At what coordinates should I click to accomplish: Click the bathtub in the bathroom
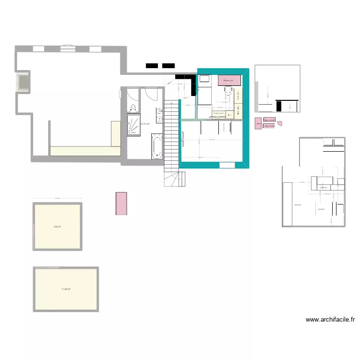[x=157, y=146]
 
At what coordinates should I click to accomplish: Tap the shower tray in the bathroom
[x=134, y=124]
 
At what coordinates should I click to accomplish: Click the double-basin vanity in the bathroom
[x=159, y=115]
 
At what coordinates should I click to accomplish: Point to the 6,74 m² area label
[x=145, y=124]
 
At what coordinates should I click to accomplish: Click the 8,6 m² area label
[x=57, y=227]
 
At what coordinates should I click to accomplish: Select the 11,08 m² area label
[x=66, y=289]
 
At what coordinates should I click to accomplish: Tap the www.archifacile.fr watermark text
[x=330, y=320]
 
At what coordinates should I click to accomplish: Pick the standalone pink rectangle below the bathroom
[x=121, y=203]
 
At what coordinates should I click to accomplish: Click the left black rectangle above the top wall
[x=152, y=66]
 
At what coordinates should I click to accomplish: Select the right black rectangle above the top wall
[x=168, y=66]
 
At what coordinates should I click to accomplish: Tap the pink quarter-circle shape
[x=280, y=123]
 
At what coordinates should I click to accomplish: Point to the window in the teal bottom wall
[x=227, y=165]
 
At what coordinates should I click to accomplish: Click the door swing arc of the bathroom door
[x=150, y=94]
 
